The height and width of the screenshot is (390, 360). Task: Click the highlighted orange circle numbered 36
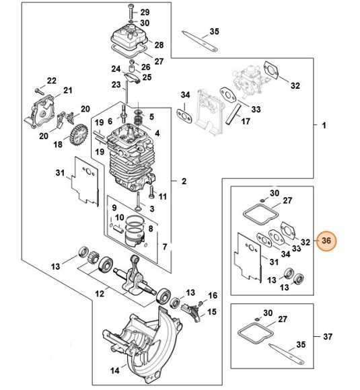tap(326, 241)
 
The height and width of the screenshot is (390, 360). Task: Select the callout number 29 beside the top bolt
tap(145, 13)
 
